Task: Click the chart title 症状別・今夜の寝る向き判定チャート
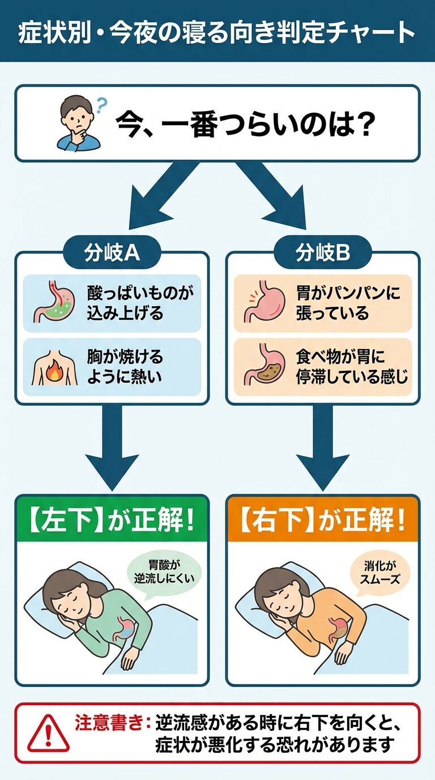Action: pyautogui.click(x=217, y=33)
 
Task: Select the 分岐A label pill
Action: pyautogui.click(x=112, y=253)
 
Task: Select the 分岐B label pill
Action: pyautogui.click(x=323, y=253)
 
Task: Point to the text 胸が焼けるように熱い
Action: pyautogui.click(x=125, y=367)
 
